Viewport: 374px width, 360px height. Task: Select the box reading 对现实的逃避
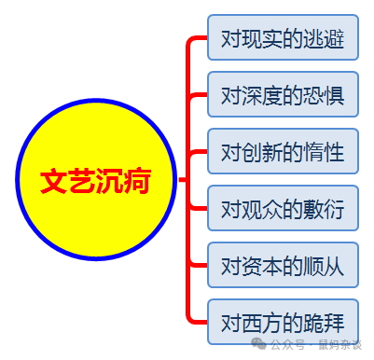(283, 39)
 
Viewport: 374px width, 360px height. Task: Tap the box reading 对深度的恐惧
(283, 96)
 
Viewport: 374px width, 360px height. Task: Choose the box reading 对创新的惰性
(283, 153)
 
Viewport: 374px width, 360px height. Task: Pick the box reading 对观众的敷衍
(283, 210)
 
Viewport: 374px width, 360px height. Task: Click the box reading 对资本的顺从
(283, 267)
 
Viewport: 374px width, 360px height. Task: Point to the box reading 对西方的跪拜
(283, 324)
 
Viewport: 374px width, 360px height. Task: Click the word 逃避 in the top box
(324, 39)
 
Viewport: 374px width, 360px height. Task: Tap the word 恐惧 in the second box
(324, 96)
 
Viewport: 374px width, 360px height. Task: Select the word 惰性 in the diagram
(324, 153)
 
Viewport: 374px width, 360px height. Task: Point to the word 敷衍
(324, 210)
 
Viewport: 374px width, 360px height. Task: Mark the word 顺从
(324, 267)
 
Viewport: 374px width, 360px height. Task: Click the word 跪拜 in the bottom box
(324, 324)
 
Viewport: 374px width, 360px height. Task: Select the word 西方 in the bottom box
(262, 324)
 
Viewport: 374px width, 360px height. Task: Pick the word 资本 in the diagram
(262, 267)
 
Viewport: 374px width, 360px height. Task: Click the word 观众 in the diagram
(262, 210)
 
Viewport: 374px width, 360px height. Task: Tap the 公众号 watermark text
(291, 344)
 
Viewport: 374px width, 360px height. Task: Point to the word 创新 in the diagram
(262, 153)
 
